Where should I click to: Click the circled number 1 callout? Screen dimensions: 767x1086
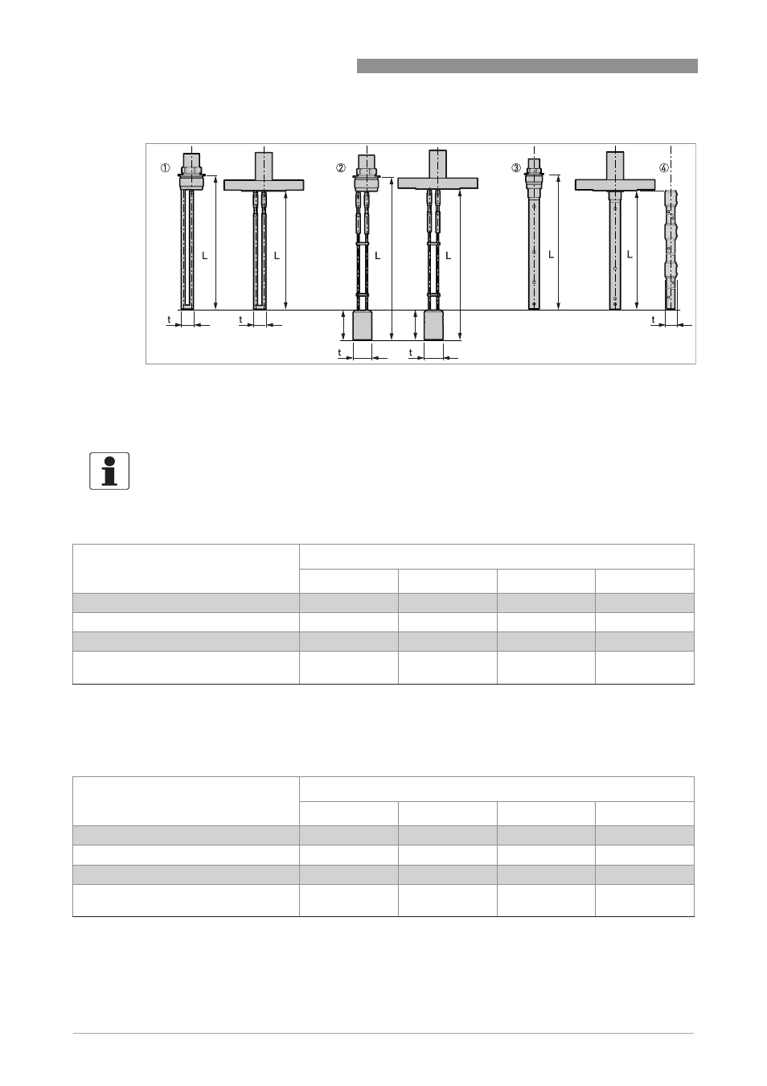pyautogui.click(x=166, y=168)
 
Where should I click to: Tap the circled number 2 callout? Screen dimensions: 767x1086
pyautogui.click(x=341, y=168)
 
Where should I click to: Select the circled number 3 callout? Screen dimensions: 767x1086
pyautogui.click(x=516, y=168)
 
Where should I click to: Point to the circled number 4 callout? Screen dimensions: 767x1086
pyautogui.click(x=664, y=168)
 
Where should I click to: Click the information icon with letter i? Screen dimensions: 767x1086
pyautogui.click(x=109, y=471)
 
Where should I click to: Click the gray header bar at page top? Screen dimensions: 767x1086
pyautogui.click(x=527, y=66)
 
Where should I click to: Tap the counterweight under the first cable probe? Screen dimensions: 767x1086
pyautogui.click(x=362, y=325)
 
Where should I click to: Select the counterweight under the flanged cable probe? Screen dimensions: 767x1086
pyautogui.click(x=433, y=325)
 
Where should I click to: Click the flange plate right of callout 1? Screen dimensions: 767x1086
pyautogui.click(x=264, y=185)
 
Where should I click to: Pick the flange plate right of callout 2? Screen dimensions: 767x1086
pyautogui.click(x=437, y=183)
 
